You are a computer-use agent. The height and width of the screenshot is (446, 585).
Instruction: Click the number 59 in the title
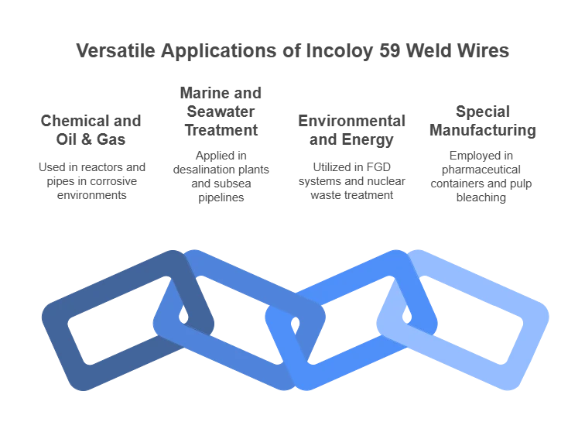[x=390, y=51]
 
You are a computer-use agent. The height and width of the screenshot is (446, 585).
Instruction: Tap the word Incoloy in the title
[x=339, y=52]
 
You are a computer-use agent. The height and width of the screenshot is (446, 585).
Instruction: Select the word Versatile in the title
[x=115, y=51]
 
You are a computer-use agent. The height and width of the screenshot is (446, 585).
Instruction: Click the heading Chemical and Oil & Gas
[x=91, y=130]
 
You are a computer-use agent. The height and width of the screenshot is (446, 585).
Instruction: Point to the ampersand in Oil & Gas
[x=86, y=139]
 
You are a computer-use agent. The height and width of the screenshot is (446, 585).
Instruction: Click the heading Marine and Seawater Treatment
[x=221, y=111]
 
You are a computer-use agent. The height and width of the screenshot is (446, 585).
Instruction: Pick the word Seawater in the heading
[x=221, y=111]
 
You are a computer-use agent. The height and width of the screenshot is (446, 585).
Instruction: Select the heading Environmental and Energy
[x=351, y=130]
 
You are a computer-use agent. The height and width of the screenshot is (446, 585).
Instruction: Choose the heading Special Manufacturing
[x=483, y=121]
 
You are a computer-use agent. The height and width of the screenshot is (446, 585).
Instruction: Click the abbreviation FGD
[x=378, y=166]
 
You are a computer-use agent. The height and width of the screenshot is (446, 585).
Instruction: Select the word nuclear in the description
[x=387, y=181]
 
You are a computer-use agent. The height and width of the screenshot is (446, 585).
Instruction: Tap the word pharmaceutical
[x=481, y=170]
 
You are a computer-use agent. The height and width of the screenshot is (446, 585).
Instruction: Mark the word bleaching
[x=481, y=197]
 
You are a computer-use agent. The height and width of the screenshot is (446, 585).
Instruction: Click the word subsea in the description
[x=233, y=184]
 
